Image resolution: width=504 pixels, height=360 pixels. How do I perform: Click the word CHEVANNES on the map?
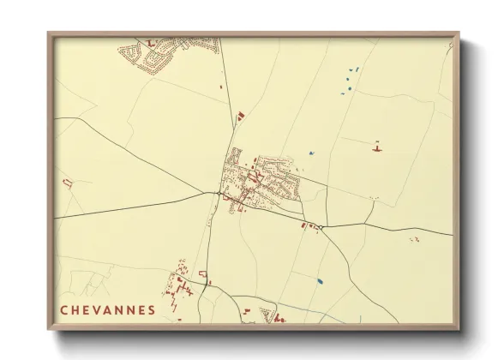tap(108, 309)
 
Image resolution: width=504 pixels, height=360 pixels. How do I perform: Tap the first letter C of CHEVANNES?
tap(64, 309)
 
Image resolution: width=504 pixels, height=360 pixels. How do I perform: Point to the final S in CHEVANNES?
tap(152, 309)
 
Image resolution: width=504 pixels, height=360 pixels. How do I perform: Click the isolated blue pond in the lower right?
tap(320, 280)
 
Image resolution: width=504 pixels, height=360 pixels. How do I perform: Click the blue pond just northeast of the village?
tap(312, 153)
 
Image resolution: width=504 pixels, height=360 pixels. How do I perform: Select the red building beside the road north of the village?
tap(241, 113)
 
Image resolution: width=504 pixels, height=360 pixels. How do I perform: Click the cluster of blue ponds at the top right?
tap(350, 79)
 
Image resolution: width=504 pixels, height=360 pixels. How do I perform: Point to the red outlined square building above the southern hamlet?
tap(203, 273)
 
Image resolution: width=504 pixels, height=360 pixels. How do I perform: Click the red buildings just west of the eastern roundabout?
tap(304, 225)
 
